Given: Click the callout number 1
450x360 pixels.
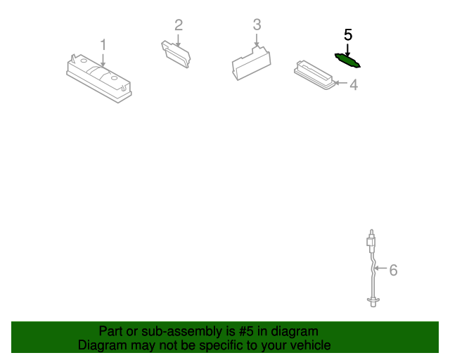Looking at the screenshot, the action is pos(103,45).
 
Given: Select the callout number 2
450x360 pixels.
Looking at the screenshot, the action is pos(179,25).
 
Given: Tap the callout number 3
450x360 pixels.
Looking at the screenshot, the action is pos(257,25).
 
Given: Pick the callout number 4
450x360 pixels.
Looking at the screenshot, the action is pos(354,84).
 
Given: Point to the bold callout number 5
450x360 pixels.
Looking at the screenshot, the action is pos(348,35).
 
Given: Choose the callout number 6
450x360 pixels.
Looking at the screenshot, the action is pos(393,270).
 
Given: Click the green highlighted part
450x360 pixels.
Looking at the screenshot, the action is pos(347,61).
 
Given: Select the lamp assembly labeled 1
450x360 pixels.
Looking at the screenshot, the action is pos(99,78).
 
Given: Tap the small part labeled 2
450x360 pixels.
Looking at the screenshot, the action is pos(176,54).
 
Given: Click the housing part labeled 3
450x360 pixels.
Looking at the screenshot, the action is pos(252,63).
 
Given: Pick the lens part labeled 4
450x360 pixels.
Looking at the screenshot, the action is pos(315,75).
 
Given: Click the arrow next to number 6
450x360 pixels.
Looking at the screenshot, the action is pos(380,268).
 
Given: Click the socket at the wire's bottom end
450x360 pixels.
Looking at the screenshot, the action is pos(373,302).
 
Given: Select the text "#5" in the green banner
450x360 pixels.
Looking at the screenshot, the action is pos(246,331).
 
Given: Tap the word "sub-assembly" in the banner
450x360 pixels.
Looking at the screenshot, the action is pos(182,332).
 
